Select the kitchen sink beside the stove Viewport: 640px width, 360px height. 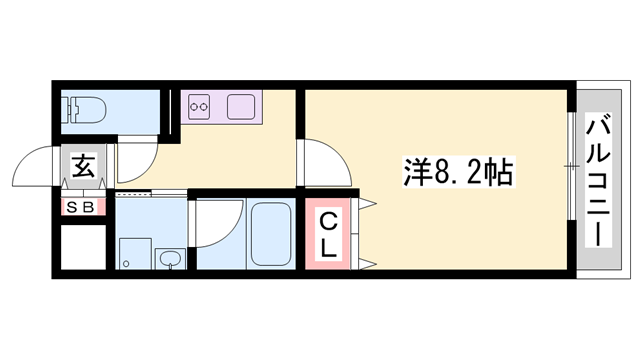click(242, 105)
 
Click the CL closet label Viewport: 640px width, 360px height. click(328, 234)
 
